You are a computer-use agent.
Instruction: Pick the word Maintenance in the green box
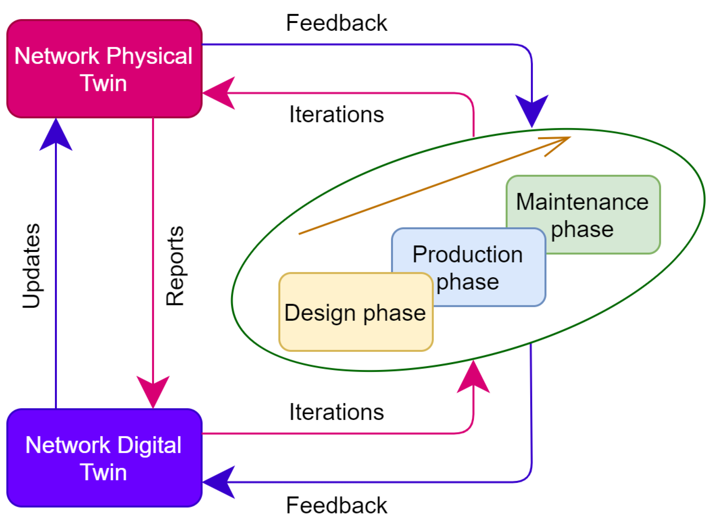tap(582, 202)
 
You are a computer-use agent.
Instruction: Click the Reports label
tap(175, 266)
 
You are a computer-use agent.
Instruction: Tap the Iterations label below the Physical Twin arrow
tap(336, 114)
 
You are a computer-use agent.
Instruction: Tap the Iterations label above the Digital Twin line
tap(336, 412)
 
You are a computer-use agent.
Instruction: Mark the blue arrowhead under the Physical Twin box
tap(56, 136)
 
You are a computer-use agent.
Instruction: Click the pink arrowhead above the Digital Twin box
tap(153, 390)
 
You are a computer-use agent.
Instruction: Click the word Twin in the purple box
tap(103, 472)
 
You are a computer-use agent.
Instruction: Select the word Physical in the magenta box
tap(149, 56)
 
